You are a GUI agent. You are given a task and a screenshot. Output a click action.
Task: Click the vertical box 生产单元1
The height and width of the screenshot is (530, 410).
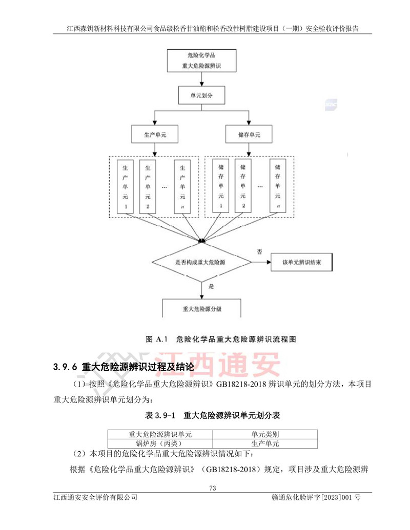(x=125, y=186)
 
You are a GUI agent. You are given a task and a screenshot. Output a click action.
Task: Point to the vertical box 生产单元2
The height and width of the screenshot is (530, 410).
(x=148, y=186)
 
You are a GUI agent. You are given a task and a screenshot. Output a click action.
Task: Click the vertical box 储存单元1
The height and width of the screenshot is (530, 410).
(x=221, y=186)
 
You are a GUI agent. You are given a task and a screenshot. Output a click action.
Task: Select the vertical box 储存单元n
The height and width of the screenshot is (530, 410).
(x=277, y=186)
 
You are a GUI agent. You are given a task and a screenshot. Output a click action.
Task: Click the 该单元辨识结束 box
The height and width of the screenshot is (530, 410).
(x=301, y=262)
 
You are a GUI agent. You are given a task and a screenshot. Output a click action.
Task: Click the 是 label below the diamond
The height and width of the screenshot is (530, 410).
(x=211, y=288)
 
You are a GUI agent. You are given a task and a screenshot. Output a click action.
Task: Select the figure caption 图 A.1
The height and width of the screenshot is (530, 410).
(x=154, y=339)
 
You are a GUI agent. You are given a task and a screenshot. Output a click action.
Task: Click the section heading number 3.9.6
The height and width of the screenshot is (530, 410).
(x=65, y=367)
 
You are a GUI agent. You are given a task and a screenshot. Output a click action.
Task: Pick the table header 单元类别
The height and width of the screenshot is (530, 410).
(x=264, y=434)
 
